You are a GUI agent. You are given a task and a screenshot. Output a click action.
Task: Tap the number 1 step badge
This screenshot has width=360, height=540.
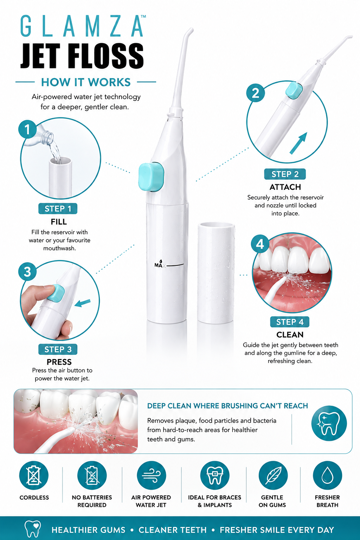coord(27,129)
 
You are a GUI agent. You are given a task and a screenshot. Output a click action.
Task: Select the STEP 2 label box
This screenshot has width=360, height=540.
coord(285,174)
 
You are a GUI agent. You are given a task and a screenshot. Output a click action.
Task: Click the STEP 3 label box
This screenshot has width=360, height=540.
coord(58,349)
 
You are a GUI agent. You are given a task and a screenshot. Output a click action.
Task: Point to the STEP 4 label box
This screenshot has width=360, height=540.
coord(290,322)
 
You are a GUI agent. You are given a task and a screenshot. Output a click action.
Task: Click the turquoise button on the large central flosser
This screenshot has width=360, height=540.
coord(152,177)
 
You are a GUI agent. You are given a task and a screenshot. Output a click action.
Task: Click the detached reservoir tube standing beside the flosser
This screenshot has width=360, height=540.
coord(216,274)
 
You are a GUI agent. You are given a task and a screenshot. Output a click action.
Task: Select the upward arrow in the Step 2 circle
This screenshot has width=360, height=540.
coord(298,143)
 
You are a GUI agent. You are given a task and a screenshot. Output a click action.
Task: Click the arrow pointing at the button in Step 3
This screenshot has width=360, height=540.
coord(83,303)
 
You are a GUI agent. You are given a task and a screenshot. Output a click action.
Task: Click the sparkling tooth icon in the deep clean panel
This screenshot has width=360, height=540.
coord(329,424)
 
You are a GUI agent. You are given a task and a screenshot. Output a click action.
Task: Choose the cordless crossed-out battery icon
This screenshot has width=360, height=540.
coord(34,476)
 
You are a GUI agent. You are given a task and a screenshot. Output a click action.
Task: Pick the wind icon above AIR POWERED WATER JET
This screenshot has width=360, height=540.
coord(151,476)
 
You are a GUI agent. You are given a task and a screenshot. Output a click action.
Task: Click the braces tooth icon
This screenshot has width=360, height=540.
coord(214,476)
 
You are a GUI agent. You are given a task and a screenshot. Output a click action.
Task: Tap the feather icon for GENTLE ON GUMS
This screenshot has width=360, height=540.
coord(273,476)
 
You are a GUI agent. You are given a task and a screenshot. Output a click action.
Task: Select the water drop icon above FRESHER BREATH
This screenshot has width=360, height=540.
coord(327,476)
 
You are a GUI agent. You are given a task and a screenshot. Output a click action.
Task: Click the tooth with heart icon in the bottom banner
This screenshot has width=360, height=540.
coord(33,529)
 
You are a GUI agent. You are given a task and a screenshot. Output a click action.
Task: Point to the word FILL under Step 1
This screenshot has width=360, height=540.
coord(59,222)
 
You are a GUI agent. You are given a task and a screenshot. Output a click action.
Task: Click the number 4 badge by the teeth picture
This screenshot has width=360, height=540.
coord(260,244)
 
